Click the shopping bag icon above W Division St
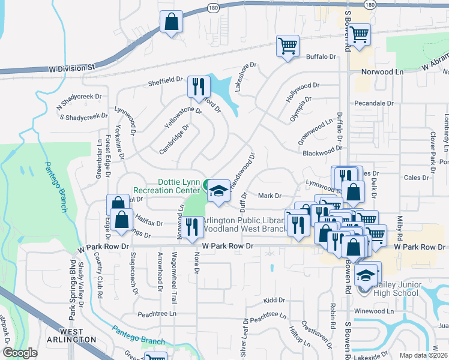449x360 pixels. (x=171, y=22)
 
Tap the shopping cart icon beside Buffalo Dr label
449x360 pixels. (x=288, y=46)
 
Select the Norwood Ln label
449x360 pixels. (x=382, y=71)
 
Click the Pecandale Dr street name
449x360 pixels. (x=374, y=103)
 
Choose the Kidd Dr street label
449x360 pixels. (x=274, y=299)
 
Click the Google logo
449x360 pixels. (x=20, y=353)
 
